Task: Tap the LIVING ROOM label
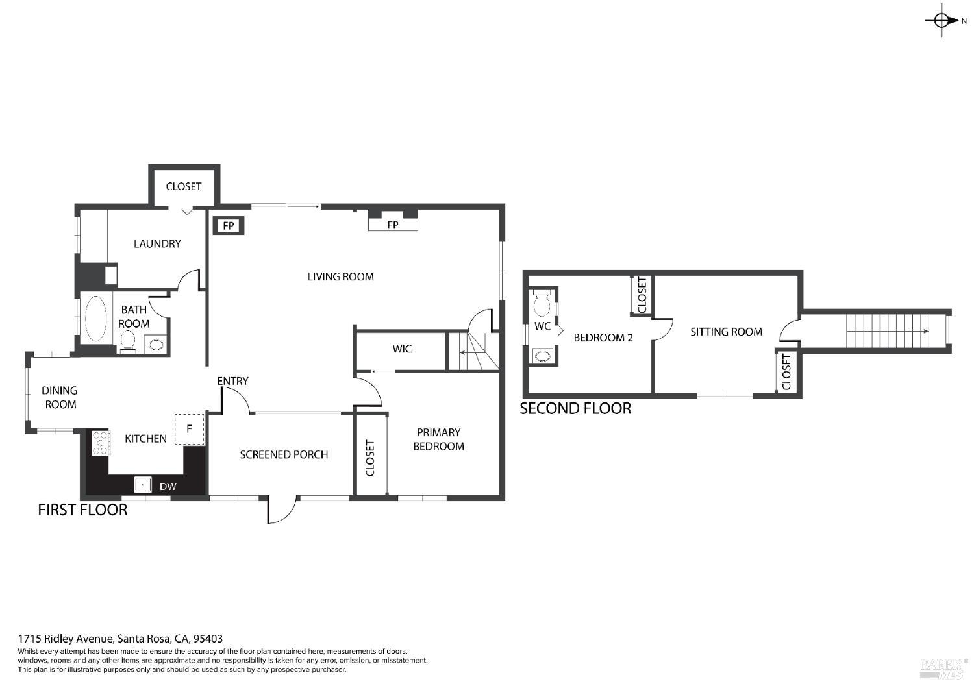click(340, 276)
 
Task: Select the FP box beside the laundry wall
click(229, 226)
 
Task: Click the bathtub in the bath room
click(96, 319)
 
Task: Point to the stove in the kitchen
click(100, 443)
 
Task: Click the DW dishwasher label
click(168, 486)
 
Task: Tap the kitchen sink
click(143, 484)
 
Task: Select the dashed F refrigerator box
click(189, 429)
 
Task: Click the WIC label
click(402, 349)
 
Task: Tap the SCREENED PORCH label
click(284, 454)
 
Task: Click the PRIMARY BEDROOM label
click(439, 439)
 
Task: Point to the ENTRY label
click(232, 381)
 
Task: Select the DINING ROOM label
click(60, 397)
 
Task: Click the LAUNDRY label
click(157, 244)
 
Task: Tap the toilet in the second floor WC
click(542, 302)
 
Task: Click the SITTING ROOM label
click(726, 332)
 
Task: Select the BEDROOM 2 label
click(603, 338)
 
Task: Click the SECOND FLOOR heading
click(575, 408)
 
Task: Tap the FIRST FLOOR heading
click(82, 510)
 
